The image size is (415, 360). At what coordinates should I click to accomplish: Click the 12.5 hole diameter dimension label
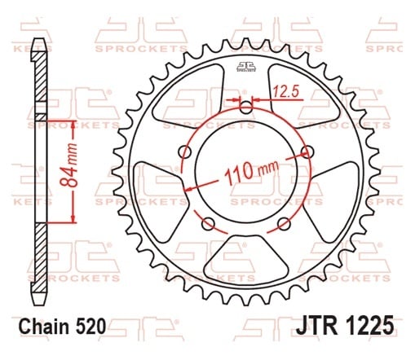286,91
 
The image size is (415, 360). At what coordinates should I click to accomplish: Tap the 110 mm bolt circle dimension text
252,173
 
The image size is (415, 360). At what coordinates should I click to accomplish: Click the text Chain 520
62,326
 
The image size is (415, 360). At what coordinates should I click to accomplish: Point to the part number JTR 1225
345,325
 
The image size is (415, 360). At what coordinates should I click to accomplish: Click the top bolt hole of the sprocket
246,108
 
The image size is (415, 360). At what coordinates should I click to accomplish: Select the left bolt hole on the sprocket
186,151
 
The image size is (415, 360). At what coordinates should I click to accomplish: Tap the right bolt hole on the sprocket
307,151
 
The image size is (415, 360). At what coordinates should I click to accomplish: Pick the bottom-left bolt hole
209,224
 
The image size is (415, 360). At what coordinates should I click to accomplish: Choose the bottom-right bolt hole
284,224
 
